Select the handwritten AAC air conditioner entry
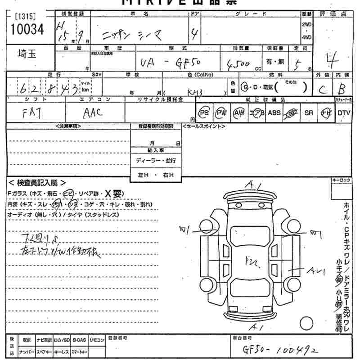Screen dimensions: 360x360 [93, 113]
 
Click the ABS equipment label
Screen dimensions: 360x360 [274, 113]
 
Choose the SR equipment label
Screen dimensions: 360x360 [309, 113]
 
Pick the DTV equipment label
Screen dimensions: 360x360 [344, 113]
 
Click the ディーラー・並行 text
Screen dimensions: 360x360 [156, 161]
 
